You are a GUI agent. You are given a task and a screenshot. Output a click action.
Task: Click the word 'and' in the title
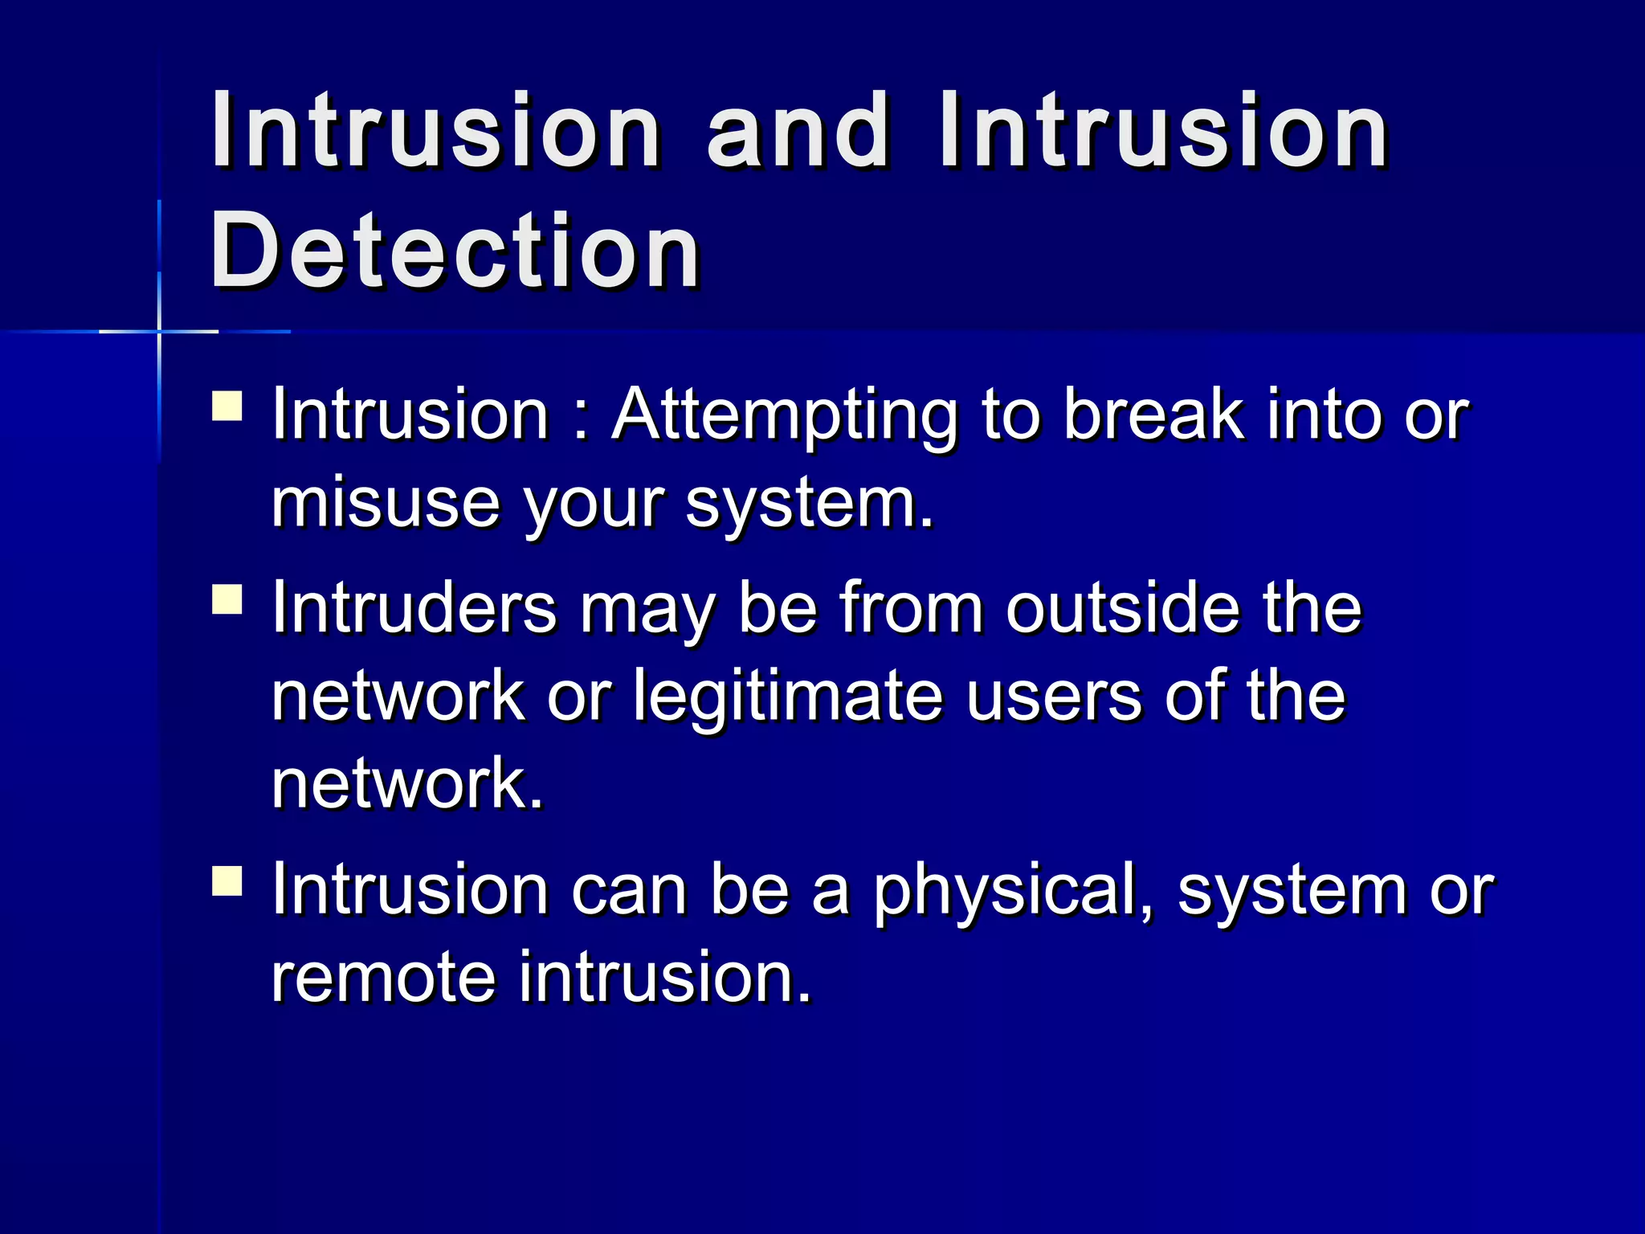click(x=798, y=130)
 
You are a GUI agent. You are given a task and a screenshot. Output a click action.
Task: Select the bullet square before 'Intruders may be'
click(x=227, y=599)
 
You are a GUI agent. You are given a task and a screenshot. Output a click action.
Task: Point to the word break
click(x=1153, y=415)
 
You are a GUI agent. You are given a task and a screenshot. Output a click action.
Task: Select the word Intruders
click(x=414, y=608)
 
